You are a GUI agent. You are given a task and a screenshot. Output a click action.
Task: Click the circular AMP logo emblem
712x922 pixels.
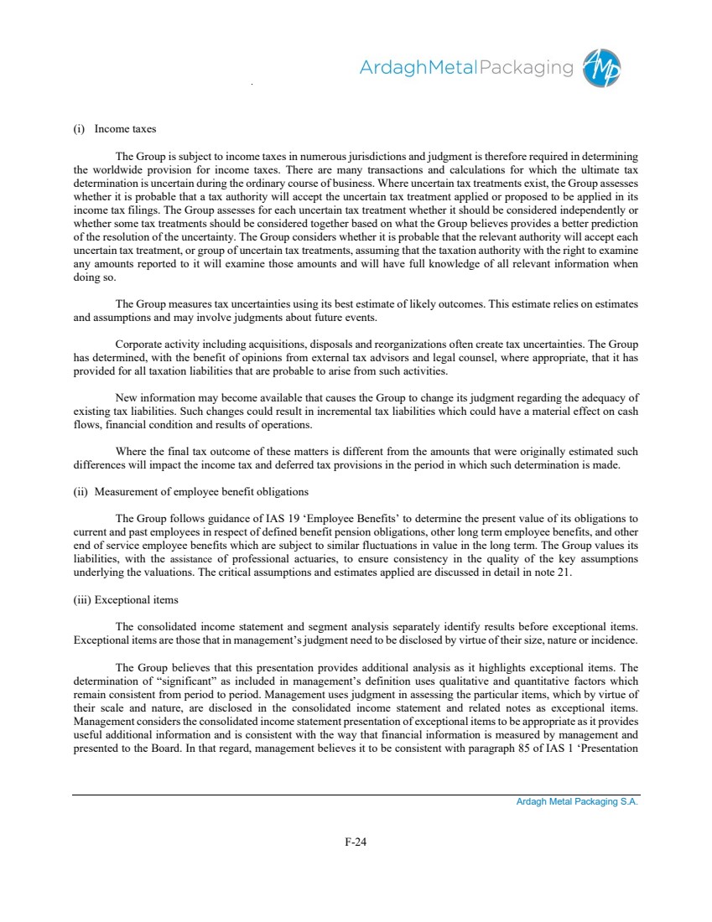[603, 67]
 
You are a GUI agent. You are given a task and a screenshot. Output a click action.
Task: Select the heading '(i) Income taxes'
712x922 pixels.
[114, 129]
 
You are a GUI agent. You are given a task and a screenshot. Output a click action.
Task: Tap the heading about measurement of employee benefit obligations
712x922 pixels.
[190, 491]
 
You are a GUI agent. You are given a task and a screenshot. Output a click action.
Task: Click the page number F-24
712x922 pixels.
[356, 842]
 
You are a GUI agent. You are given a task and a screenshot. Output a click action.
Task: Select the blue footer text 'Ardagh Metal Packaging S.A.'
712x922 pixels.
[577, 802]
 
